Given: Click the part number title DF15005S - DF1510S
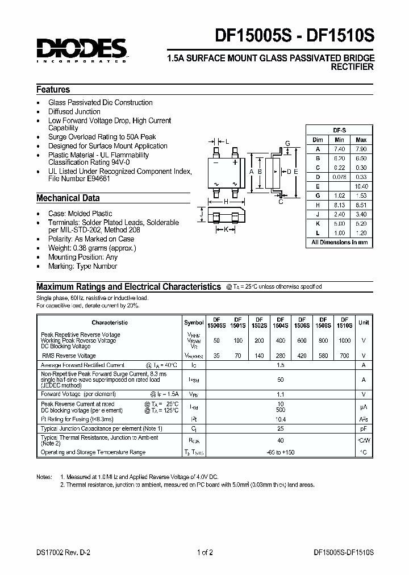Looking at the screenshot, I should point(294,36).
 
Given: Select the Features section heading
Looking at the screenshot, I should point(53,89).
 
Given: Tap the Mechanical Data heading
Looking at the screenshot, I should point(68,198).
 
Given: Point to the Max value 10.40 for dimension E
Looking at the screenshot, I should point(361,186).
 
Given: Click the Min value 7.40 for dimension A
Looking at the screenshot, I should point(339,148).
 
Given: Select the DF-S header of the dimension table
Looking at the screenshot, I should point(339,130).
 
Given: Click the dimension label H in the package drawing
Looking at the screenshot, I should point(226,201).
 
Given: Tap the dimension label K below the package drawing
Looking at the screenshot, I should point(226,230).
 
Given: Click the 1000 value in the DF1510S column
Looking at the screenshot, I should point(345,340).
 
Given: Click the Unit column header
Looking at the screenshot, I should point(364,322).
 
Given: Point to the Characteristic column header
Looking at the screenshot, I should point(110,322).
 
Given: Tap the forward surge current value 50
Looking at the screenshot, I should point(279,379).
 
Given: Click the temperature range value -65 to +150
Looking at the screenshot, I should point(279,452).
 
